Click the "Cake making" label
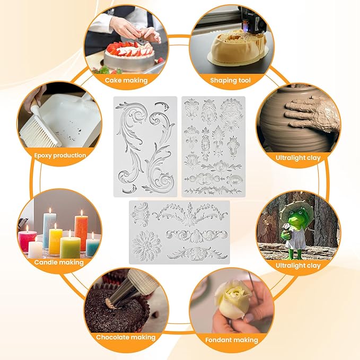[126, 81]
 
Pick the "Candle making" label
[58, 262]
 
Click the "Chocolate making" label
[126, 337]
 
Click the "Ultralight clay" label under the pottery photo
[298, 157]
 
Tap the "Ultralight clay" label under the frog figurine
[298, 265]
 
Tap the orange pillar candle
[81, 230]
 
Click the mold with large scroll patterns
[145, 146]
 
